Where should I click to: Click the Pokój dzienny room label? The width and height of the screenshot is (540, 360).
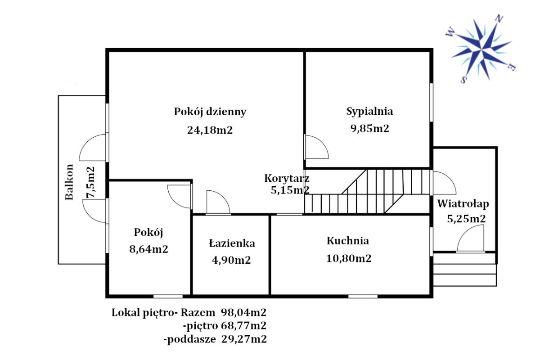(210, 112)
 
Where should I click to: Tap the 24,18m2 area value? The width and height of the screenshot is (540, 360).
(210, 130)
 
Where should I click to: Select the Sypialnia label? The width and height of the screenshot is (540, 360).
(369, 112)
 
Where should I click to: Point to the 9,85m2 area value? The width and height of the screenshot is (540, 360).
(369, 129)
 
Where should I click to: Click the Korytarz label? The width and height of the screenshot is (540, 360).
(287, 179)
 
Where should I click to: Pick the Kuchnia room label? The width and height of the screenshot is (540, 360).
(347, 241)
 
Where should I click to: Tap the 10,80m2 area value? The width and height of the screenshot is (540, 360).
(349, 258)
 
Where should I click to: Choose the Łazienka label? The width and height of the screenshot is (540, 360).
(232, 243)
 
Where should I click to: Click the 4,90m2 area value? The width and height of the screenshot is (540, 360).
(231, 260)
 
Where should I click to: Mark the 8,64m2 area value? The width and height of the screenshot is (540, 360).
(148, 249)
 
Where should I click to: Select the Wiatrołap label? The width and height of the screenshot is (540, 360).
(463, 204)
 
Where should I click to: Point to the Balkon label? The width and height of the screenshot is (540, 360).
(69, 182)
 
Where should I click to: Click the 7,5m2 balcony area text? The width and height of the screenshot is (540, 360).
(90, 182)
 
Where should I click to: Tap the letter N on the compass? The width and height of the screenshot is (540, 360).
(499, 18)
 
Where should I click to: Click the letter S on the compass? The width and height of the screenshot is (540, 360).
(463, 80)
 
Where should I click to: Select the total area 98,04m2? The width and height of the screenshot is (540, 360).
(244, 313)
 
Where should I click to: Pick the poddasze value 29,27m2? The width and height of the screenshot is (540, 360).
(244, 339)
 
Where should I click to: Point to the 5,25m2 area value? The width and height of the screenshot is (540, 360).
(467, 219)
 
